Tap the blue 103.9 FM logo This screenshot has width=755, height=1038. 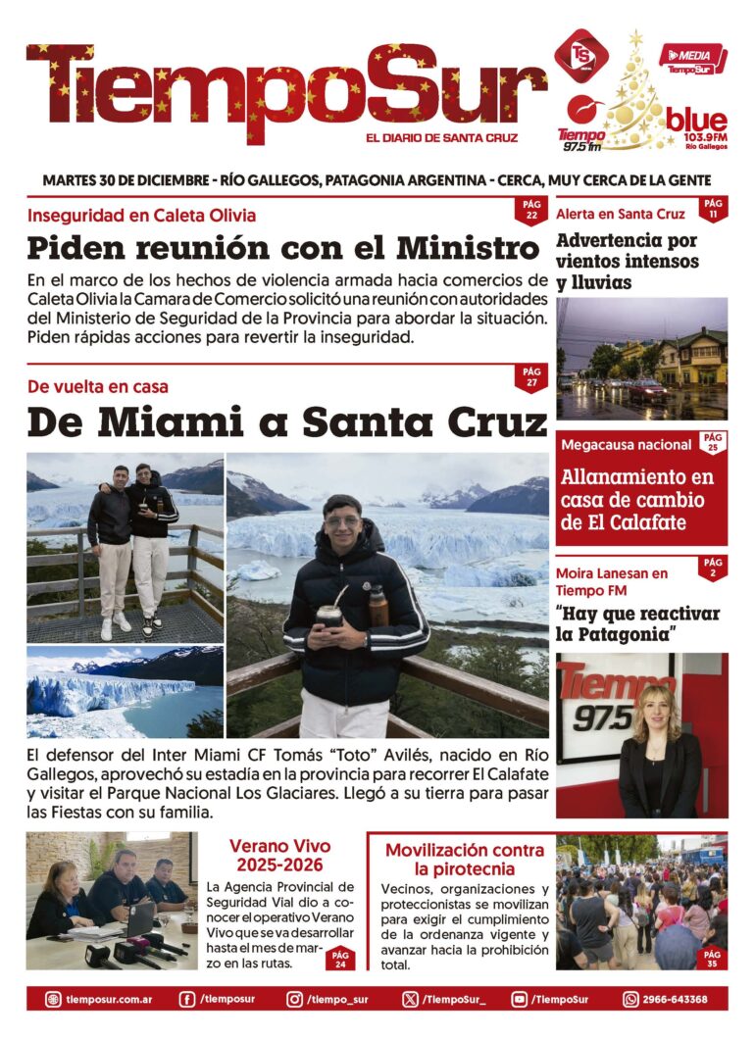(x=697, y=125)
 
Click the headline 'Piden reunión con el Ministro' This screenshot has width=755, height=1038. (x=284, y=246)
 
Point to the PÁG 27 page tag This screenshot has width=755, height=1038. (x=531, y=377)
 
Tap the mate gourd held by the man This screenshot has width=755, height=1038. (x=329, y=615)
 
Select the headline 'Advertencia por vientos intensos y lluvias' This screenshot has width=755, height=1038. (x=628, y=262)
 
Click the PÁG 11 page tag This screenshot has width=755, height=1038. (x=713, y=209)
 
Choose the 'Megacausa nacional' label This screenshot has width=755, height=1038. (x=627, y=445)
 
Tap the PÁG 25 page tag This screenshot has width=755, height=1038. (x=713, y=443)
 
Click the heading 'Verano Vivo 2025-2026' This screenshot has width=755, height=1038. (x=280, y=856)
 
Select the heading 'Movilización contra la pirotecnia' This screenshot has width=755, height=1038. (x=464, y=860)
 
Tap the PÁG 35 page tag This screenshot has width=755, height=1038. (x=712, y=958)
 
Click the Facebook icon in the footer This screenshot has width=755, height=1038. (x=187, y=1000)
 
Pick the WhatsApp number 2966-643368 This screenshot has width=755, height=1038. (x=674, y=1000)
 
